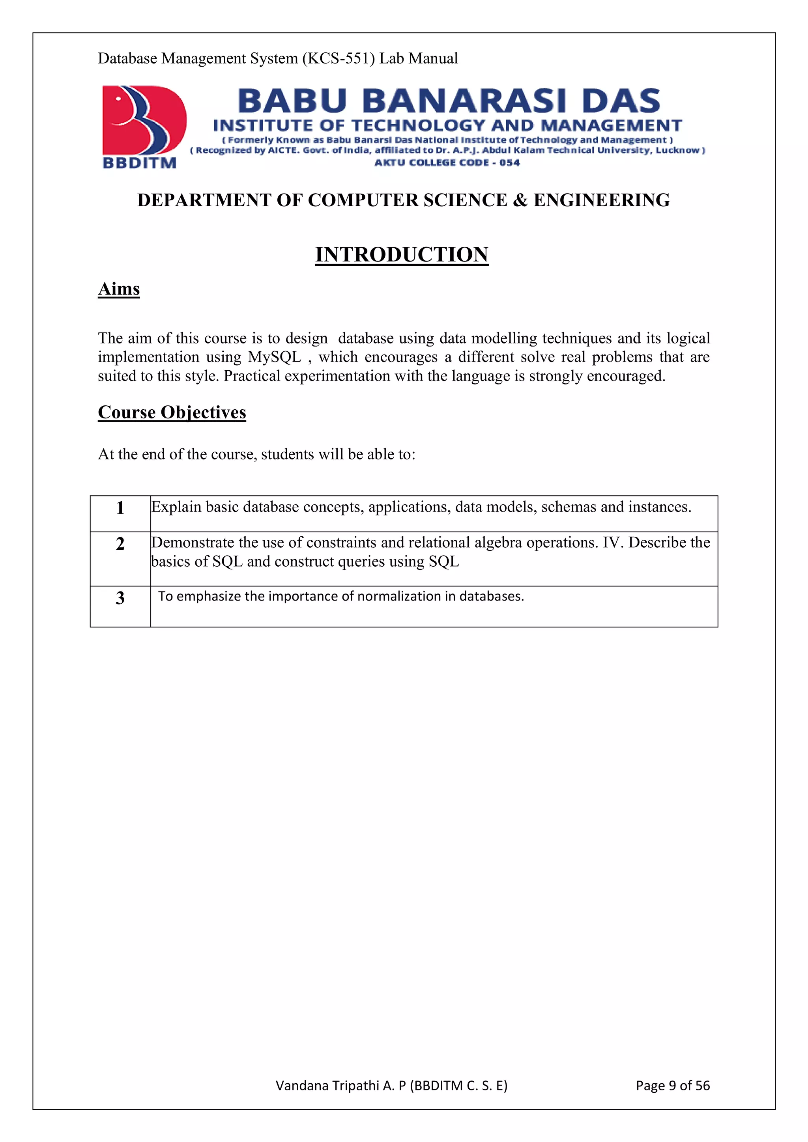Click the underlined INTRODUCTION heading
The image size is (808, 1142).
pyautogui.click(x=402, y=255)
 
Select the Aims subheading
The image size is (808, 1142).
pyautogui.click(x=119, y=289)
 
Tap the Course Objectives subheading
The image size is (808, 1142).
pyautogui.click(x=172, y=412)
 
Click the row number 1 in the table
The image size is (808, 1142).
pyautogui.click(x=120, y=508)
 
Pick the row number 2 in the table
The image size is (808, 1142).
pyautogui.click(x=120, y=544)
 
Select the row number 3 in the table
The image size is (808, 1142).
pyautogui.click(x=120, y=598)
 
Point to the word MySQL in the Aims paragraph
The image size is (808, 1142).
pyautogui.click(x=275, y=357)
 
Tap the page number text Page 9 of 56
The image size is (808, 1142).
pyautogui.click(x=672, y=1085)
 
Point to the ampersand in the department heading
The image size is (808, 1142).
pyautogui.click(x=520, y=200)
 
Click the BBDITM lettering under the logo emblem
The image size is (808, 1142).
pyautogui.click(x=139, y=163)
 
